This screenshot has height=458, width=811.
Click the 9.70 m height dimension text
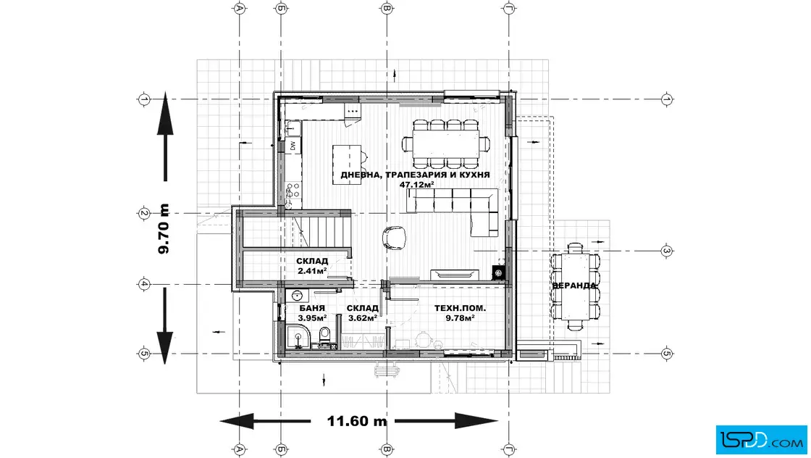click(164, 229)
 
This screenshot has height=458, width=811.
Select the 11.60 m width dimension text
click(357, 421)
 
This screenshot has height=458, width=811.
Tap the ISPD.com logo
click(761, 440)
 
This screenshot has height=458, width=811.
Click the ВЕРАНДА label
click(574, 286)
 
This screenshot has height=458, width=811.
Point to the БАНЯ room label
click(312, 308)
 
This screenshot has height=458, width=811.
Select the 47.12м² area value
click(417, 184)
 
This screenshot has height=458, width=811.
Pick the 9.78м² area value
click(461, 318)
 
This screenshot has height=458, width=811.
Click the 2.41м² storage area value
click(312, 270)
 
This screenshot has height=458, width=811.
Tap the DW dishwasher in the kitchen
click(293, 146)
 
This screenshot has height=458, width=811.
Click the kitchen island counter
click(347, 165)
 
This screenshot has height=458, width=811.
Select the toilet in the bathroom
click(325, 338)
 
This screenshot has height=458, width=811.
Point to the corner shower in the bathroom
click(298, 336)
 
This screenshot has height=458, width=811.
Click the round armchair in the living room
click(394, 238)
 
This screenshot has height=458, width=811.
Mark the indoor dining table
click(446, 143)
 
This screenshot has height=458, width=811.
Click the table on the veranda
click(575, 285)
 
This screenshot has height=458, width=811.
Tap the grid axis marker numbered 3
click(667, 251)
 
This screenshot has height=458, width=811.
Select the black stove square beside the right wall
click(499, 272)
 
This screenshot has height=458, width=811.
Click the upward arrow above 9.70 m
click(165, 137)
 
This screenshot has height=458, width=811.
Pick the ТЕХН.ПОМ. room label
click(461, 309)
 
